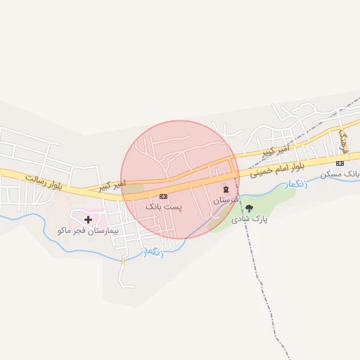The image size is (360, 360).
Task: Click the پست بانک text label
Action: (x=163, y=207)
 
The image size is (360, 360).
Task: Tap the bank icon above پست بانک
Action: (x=163, y=195)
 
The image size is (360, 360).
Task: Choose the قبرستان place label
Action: (x=226, y=200)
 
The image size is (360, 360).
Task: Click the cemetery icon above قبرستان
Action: (x=226, y=189)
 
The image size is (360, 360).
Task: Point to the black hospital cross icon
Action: (x=88, y=219)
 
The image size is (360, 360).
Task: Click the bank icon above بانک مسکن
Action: (x=340, y=163)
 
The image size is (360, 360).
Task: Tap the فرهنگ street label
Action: (x=344, y=139)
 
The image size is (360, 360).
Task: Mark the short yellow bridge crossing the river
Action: (x=122, y=260)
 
